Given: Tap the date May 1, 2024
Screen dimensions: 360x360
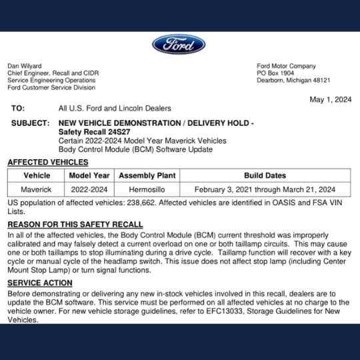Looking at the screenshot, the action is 330,99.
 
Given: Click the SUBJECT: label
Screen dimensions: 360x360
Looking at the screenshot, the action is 31,123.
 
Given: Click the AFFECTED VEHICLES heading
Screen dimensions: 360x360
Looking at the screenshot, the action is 49,162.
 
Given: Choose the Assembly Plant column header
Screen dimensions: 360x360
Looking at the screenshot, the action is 147,175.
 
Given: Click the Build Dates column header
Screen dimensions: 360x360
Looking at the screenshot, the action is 265,175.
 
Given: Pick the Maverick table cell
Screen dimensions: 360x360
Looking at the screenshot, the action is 37,189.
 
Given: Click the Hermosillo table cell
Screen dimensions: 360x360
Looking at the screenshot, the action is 147,189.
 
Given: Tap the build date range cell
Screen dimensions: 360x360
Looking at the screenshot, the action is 265,189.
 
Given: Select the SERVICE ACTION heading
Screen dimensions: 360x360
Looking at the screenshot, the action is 40,283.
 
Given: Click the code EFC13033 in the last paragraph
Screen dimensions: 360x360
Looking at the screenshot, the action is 230,311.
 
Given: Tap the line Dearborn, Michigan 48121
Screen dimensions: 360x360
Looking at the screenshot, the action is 294,80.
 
